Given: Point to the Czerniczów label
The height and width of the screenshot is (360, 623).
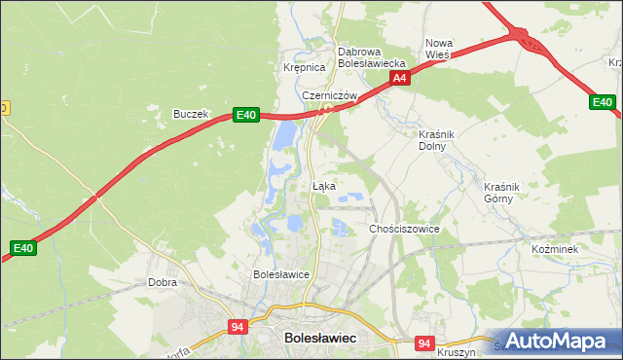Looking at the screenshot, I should [x=330, y=95].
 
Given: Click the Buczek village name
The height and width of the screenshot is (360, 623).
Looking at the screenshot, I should [x=191, y=114].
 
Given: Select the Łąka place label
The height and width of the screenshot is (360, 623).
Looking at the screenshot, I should [x=324, y=185].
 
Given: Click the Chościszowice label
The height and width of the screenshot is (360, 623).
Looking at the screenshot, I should [x=404, y=229].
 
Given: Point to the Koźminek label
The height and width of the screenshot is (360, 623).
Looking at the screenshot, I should [x=555, y=249].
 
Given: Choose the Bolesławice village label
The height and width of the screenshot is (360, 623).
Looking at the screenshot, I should [x=280, y=274].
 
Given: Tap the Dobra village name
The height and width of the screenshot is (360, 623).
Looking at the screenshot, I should [x=162, y=282].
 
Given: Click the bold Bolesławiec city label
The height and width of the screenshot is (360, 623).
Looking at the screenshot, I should [x=319, y=337].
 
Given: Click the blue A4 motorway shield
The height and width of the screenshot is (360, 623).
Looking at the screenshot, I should [x=398, y=79].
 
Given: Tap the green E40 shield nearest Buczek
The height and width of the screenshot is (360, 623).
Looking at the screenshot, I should [x=245, y=115].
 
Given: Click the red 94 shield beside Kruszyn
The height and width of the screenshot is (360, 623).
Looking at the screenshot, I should [x=422, y=343].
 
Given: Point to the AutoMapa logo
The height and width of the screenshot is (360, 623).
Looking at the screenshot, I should [x=558, y=341].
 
